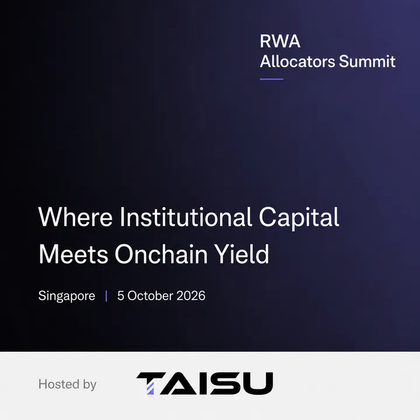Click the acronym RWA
click(280, 41)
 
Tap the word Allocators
click(297, 61)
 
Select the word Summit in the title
click(367, 61)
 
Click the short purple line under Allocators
click(271, 79)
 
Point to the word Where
click(75, 216)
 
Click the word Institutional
click(185, 216)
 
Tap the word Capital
click(299, 218)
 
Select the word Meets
click(73, 254)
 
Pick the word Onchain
click(161, 254)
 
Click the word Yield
click(242, 254)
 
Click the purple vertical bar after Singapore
click(106, 296)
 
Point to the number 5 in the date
click(121, 296)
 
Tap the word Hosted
click(59, 384)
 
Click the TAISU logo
click(205, 383)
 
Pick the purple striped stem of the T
click(150, 388)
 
